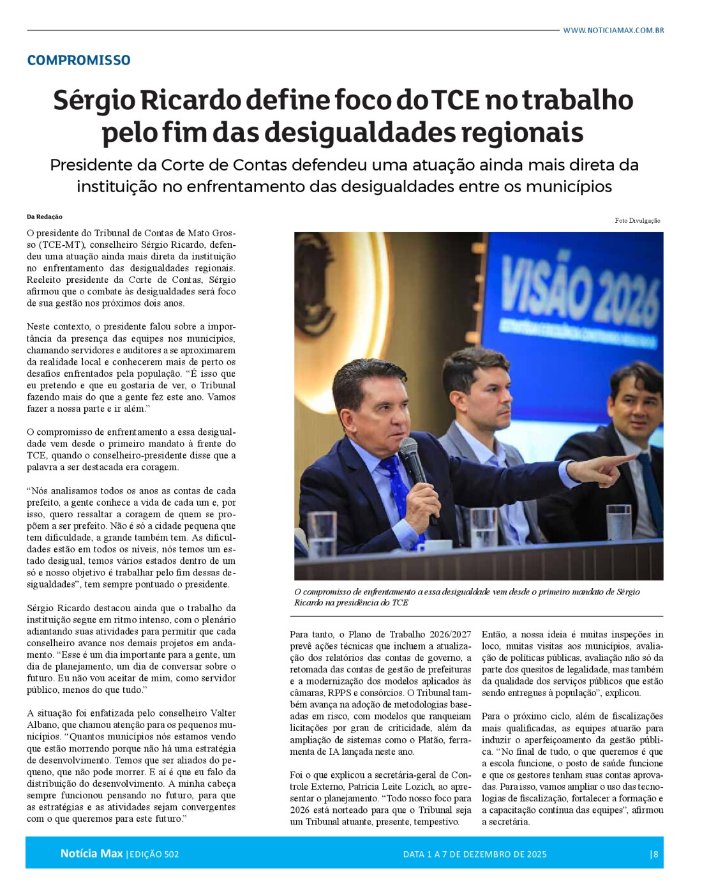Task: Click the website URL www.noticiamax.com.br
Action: click(x=613, y=30)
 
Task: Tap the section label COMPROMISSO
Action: click(x=78, y=60)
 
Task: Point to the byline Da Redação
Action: click(x=45, y=216)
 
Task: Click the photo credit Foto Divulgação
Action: click(x=637, y=220)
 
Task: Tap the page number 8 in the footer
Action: click(x=656, y=854)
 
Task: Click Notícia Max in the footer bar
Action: click(x=91, y=853)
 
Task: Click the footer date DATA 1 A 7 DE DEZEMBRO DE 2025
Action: click(x=475, y=854)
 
